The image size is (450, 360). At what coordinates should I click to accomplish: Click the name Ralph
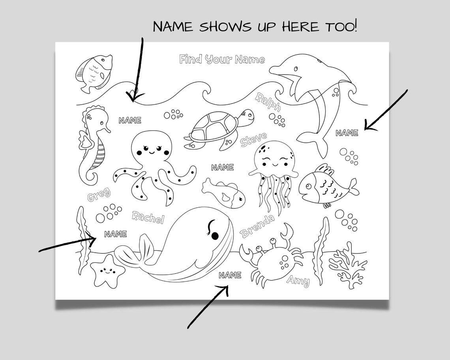coord(268,102)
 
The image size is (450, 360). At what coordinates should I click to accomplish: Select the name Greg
coord(99,195)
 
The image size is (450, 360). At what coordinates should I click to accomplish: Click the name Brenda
coord(257,226)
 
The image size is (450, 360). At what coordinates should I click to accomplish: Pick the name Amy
coord(298,280)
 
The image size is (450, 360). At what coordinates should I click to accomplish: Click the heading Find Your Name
coord(222,60)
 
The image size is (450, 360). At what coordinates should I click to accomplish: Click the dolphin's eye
coord(295,68)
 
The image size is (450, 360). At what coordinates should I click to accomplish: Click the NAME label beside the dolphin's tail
coord(347,133)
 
